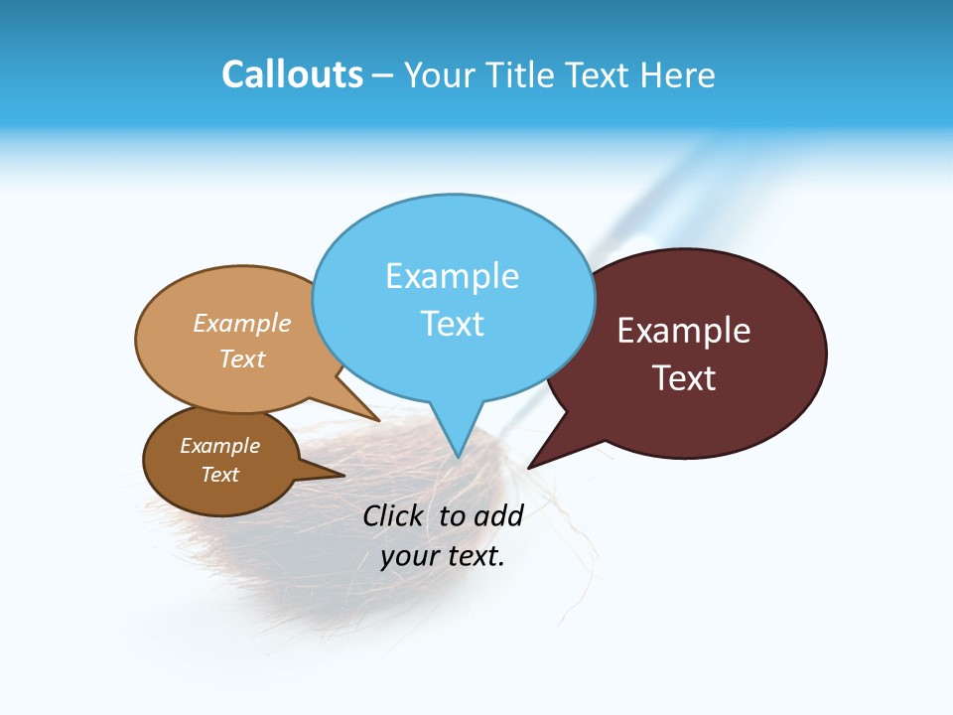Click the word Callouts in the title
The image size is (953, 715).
coord(292,74)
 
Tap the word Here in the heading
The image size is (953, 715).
coord(678,74)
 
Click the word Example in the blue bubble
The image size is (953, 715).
coord(452,276)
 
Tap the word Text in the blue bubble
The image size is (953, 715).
coord(452,324)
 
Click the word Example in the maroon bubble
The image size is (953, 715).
coord(684,331)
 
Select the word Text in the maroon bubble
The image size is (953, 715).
coord(684,378)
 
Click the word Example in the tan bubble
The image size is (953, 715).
coord(242,323)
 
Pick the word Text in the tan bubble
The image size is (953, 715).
coord(242,358)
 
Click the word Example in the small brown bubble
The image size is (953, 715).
coord(219,446)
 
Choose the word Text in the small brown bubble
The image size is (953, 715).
coord(219,475)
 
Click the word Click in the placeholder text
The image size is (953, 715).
coord(392,515)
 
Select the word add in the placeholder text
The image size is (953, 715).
coord(497,515)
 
